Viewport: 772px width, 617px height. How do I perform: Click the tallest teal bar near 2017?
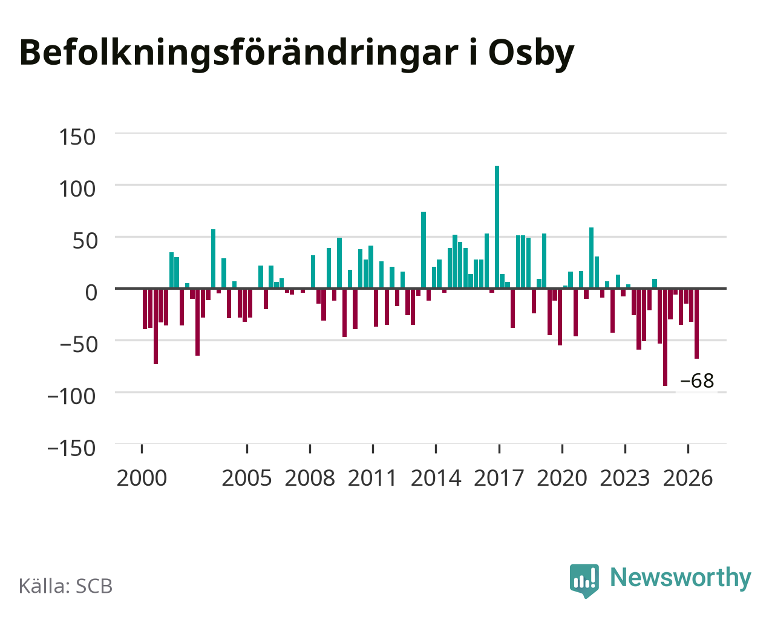tap(497, 227)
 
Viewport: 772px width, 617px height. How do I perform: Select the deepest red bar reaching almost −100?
tap(665, 337)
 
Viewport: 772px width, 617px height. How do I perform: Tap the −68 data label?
tap(696, 380)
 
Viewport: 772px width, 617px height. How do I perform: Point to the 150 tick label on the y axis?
tap(77, 137)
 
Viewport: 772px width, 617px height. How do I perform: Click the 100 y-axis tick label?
tap(77, 189)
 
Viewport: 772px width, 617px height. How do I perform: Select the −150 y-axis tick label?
tap(71, 448)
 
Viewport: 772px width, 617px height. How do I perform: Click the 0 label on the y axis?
tap(91, 293)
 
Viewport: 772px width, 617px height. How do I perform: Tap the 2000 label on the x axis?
tap(142, 478)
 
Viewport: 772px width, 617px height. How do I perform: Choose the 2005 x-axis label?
tap(247, 478)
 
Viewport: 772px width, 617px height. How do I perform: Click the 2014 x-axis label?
tap(436, 478)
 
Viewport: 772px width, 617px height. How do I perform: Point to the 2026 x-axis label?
tap(688, 478)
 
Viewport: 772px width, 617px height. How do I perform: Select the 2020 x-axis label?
tap(562, 478)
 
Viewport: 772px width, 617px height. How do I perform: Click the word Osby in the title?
tap(531, 53)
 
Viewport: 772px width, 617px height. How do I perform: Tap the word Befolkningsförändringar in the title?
tap(239, 53)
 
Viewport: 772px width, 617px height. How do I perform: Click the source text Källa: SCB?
tap(66, 586)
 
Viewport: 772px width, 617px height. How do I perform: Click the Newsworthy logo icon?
tap(584, 581)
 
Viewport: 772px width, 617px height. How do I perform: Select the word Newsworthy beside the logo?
tap(681, 578)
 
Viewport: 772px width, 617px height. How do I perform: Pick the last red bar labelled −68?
tap(696, 323)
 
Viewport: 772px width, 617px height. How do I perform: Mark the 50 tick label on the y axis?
tap(85, 241)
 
